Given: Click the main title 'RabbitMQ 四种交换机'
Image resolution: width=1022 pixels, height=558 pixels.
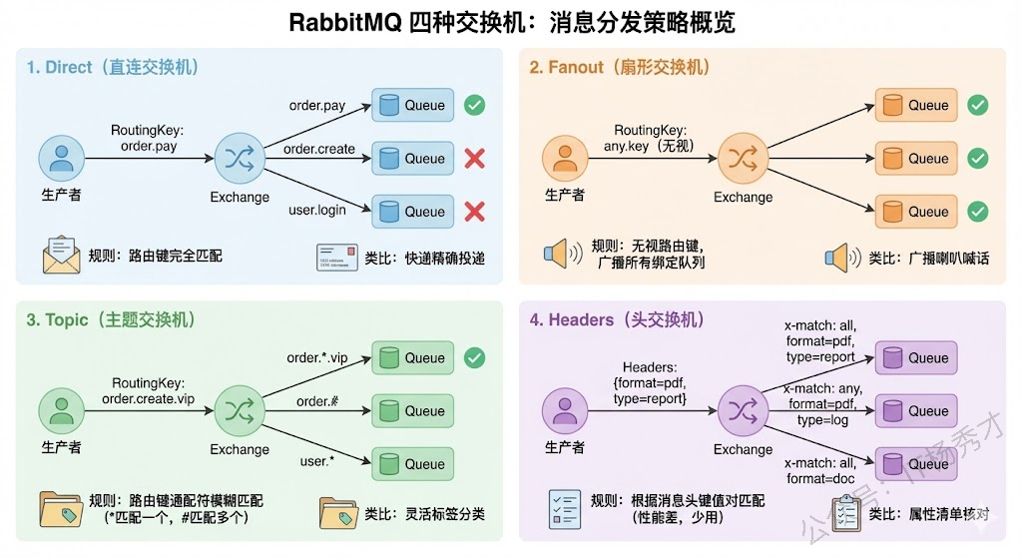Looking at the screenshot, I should tap(511, 22).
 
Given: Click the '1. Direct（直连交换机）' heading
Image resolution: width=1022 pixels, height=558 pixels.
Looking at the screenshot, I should tap(113, 68).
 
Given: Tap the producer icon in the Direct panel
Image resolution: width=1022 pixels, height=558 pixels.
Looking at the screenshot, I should tap(60, 158).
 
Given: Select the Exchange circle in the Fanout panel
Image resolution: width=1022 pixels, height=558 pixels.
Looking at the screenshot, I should tap(742, 158).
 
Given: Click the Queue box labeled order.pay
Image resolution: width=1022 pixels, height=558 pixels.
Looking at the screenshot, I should tap(413, 106).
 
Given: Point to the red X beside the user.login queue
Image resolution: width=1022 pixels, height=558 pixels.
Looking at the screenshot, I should tap(475, 212).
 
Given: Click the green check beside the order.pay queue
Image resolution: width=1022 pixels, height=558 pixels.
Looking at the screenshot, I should tap(475, 105).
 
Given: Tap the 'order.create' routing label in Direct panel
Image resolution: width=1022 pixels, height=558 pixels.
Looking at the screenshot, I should tap(319, 150).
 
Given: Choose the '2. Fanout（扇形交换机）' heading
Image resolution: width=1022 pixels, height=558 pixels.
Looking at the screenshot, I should tap(619, 68).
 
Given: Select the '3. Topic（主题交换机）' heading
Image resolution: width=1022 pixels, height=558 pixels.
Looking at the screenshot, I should tap(111, 319).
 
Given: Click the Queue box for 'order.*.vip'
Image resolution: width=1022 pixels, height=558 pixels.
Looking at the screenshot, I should tap(413, 358).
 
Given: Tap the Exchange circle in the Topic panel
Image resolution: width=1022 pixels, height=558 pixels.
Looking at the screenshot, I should tap(239, 410).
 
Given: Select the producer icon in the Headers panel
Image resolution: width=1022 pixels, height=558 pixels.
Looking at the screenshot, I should tap(564, 410).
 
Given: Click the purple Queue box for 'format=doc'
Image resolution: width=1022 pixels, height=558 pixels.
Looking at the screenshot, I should tap(916, 464).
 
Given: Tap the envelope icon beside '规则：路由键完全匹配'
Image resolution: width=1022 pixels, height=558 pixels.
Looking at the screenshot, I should tap(61, 255).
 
